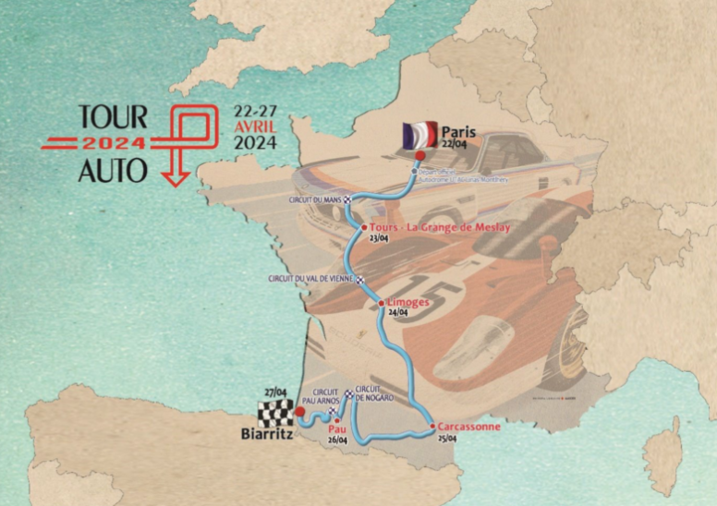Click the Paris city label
click(x=458, y=130)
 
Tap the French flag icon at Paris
click(x=419, y=136)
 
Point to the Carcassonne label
click(x=468, y=427)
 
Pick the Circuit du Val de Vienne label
click(x=311, y=278)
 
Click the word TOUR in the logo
click(x=112, y=116)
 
